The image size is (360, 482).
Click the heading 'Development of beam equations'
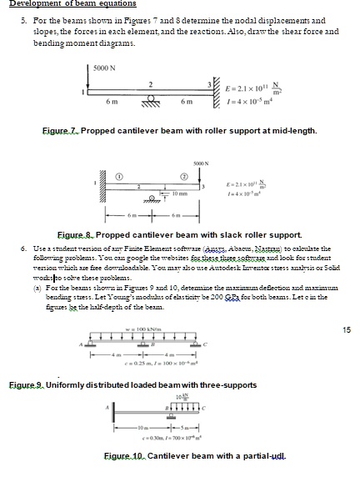click(x=62, y=4)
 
